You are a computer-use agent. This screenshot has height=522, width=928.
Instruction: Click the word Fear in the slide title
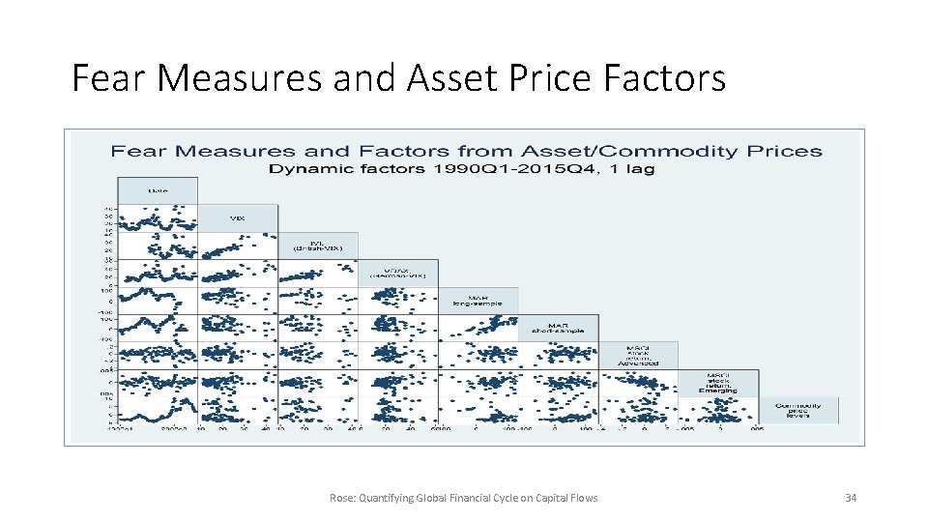[x=109, y=78]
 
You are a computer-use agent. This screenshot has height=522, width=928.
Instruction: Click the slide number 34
[x=851, y=498]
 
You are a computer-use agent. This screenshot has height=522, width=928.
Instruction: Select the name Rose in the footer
[x=342, y=498]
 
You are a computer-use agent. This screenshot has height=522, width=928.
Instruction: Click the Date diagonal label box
[x=158, y=190]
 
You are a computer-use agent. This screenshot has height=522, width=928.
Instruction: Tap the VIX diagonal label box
[x=238, y=218]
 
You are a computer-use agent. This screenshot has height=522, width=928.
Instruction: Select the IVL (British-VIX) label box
[x=318, y=246]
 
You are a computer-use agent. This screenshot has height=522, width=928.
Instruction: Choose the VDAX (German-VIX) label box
[x=398, y=273]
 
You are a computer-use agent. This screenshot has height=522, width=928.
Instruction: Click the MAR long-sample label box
[x=478, y=301]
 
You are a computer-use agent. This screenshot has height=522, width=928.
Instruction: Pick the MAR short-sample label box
[x=559, y=328]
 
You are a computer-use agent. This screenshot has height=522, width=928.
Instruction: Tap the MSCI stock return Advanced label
[x=638, y=355]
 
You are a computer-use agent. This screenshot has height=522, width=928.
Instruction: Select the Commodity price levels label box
[x=798, y=410]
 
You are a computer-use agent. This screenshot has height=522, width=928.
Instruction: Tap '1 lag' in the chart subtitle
[x=634, y=168]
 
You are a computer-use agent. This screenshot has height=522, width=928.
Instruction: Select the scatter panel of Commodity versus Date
[x=158, y=410]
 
